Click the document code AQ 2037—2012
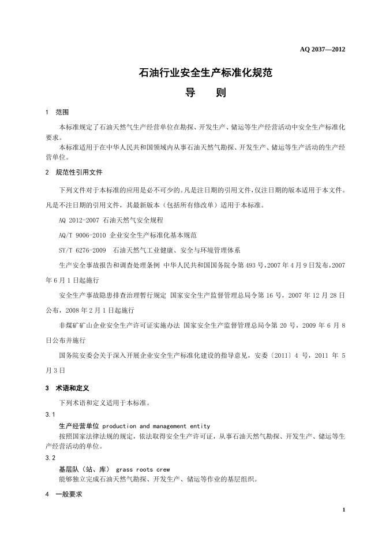click(x=323, y=49)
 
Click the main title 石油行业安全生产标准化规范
click(x=205, y=73)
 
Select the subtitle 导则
click(x=205, y=92)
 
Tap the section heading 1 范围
click(x=57, y=112)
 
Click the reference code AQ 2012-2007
click(x=80, y=220)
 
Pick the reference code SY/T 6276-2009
click(x=83, y=250)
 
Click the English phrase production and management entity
click(x=156, y=426)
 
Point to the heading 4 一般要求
click(x=64, y=495)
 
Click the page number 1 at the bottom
click(x=343, y=509)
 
